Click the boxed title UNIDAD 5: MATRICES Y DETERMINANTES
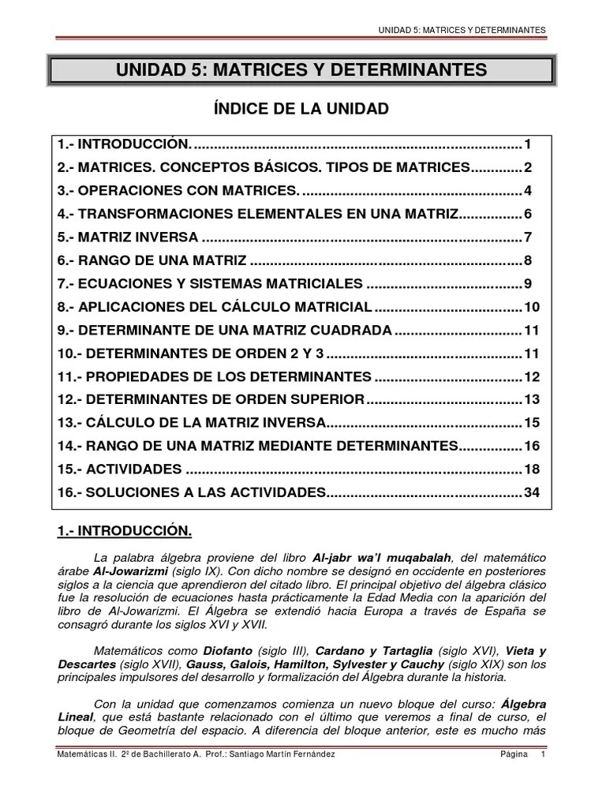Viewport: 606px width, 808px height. point(302,71)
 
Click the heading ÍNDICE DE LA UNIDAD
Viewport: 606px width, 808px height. point(302,109)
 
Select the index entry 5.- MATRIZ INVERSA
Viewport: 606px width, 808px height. point(128,238)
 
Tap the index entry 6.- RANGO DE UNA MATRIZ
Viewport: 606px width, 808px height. point(151,260)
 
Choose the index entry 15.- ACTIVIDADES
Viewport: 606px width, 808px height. point(119,469)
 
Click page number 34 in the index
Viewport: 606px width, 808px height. point(533,493)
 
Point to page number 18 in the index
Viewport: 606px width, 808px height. point(533,469)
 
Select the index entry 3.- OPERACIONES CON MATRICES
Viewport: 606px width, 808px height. point(178,191)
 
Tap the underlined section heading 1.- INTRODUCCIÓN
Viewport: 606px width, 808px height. point(124,530)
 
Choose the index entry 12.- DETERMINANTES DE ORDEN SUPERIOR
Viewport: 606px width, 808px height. point(211,400)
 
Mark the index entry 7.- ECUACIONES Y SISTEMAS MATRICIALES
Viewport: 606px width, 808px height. point(210,284)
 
